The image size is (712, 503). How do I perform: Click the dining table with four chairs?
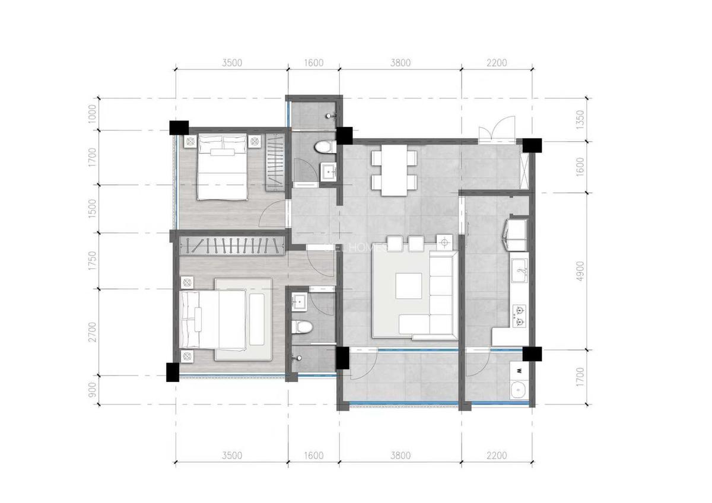click(x=394, y=171)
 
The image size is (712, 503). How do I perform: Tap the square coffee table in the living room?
click(x=409, y=285)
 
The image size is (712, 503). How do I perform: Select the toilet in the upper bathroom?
click(x=324, y=147)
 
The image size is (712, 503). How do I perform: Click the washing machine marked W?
click(x=520, y=371)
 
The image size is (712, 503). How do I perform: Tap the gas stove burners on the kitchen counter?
click(x=520, y=316)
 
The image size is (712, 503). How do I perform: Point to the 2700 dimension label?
click(x=91, y=332)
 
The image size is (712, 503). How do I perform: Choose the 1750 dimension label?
click(x=91, y=261)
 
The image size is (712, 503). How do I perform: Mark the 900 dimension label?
click(x=91, y=390)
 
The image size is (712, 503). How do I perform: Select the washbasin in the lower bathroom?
click(x=299, y=302)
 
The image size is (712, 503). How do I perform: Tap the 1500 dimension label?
click(x=91, y=208)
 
